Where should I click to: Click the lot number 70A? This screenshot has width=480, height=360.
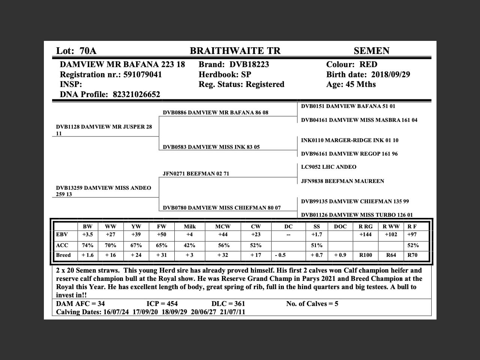88,51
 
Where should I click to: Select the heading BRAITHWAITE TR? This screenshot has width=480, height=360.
235,51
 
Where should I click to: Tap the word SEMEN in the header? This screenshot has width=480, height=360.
371,51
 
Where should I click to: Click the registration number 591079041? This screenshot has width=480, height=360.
142,75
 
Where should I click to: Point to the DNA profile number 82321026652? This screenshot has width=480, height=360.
136,94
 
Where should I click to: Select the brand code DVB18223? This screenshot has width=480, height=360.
249,64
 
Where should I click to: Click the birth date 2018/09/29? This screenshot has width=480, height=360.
390,75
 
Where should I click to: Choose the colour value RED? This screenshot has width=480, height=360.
368,64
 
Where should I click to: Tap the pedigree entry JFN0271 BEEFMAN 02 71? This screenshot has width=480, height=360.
196,174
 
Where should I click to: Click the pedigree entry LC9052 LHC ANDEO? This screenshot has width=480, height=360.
328,167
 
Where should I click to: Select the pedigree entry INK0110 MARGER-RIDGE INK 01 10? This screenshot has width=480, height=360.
349,140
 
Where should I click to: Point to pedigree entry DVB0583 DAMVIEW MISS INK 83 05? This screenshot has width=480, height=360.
211,147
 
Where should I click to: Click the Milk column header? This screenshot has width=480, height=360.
190,226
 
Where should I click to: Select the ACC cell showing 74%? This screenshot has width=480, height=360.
88,246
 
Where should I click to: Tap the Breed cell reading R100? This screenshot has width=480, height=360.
366,255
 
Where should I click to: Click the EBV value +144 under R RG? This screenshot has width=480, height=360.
366,235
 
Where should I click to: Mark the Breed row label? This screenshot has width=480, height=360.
63,255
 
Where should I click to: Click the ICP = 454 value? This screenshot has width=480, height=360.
162,304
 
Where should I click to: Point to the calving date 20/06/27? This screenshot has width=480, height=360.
203,312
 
